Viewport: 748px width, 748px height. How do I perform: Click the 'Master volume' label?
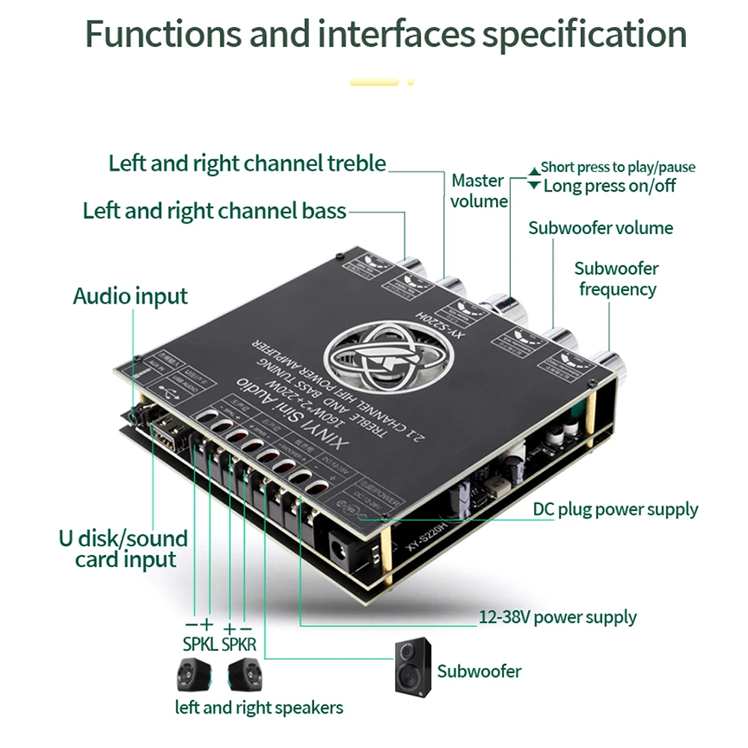[x=479, y=191]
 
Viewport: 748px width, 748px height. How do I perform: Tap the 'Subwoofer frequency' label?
[x=616, y=278]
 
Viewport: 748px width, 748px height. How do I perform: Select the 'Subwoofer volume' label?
[x=600, y=228]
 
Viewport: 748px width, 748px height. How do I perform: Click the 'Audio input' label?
[x=130, y=296]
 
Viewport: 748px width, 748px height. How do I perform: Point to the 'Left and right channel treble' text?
[x=247, y=163]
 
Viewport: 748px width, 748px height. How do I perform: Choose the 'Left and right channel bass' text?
[x=215, y=211]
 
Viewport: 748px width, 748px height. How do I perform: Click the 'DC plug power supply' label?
[x=615, y=510]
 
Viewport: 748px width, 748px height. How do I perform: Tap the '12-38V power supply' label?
[x=557, y=617]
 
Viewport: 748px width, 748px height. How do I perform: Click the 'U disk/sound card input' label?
[x=123, y=549]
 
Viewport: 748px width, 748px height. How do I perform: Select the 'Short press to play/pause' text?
[x=617, y=167]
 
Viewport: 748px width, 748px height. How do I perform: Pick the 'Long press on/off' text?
[x=609, y=186]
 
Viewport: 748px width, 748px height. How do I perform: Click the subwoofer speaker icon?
[x=414, y=666]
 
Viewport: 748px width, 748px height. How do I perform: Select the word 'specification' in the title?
[x=583, y=34]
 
